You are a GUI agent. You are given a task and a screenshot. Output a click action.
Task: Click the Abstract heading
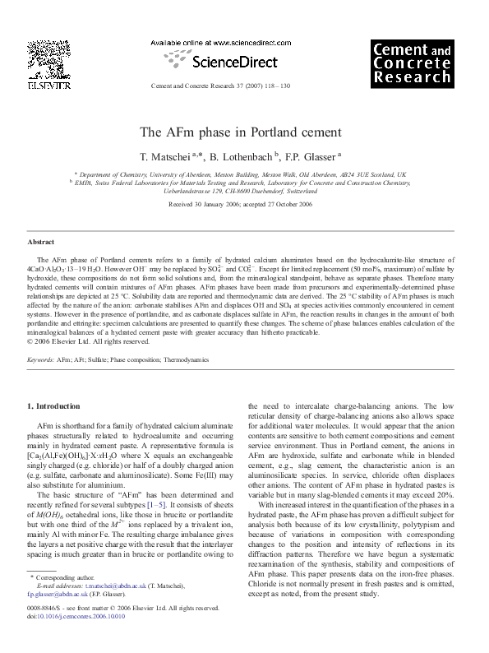coord(41,243)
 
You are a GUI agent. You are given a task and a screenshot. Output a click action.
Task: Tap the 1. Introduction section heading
coord(54,406)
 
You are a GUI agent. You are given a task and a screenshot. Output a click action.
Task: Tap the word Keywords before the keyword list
coord(42,359)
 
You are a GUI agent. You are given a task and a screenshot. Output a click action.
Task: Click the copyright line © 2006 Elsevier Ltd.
coord(77,340)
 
